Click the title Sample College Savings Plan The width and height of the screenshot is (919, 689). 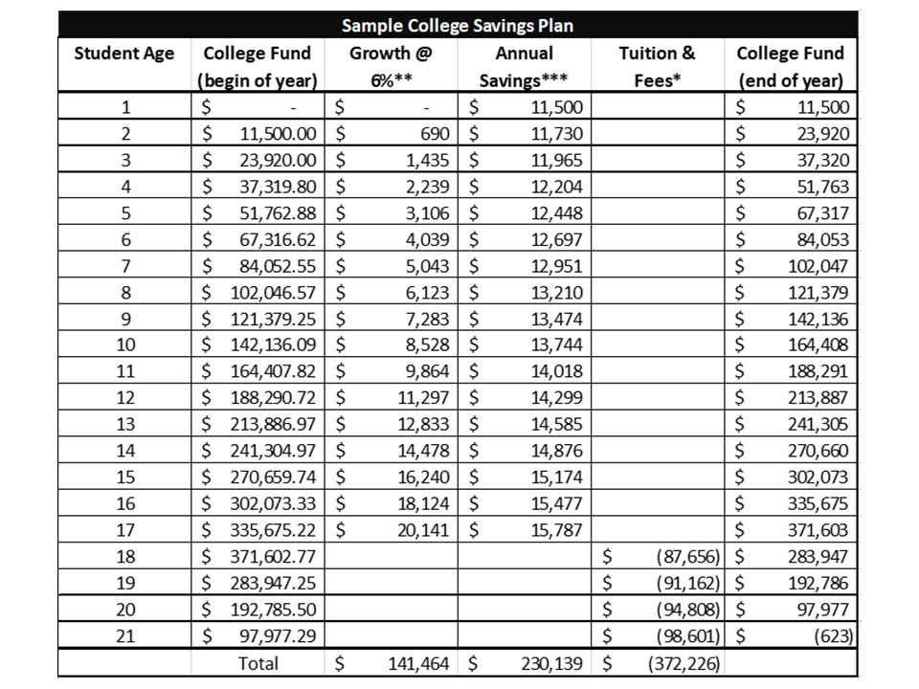458,25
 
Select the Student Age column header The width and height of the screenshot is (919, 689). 124,54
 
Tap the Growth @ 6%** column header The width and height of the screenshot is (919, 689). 392,66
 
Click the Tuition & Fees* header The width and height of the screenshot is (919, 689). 657,66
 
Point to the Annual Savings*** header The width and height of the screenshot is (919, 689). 525,66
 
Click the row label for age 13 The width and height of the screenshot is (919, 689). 124,424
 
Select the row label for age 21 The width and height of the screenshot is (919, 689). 124,635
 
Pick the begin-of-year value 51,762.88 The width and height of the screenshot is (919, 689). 279,213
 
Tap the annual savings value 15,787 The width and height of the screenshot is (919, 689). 555,530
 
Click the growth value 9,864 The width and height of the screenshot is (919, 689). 427,371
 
